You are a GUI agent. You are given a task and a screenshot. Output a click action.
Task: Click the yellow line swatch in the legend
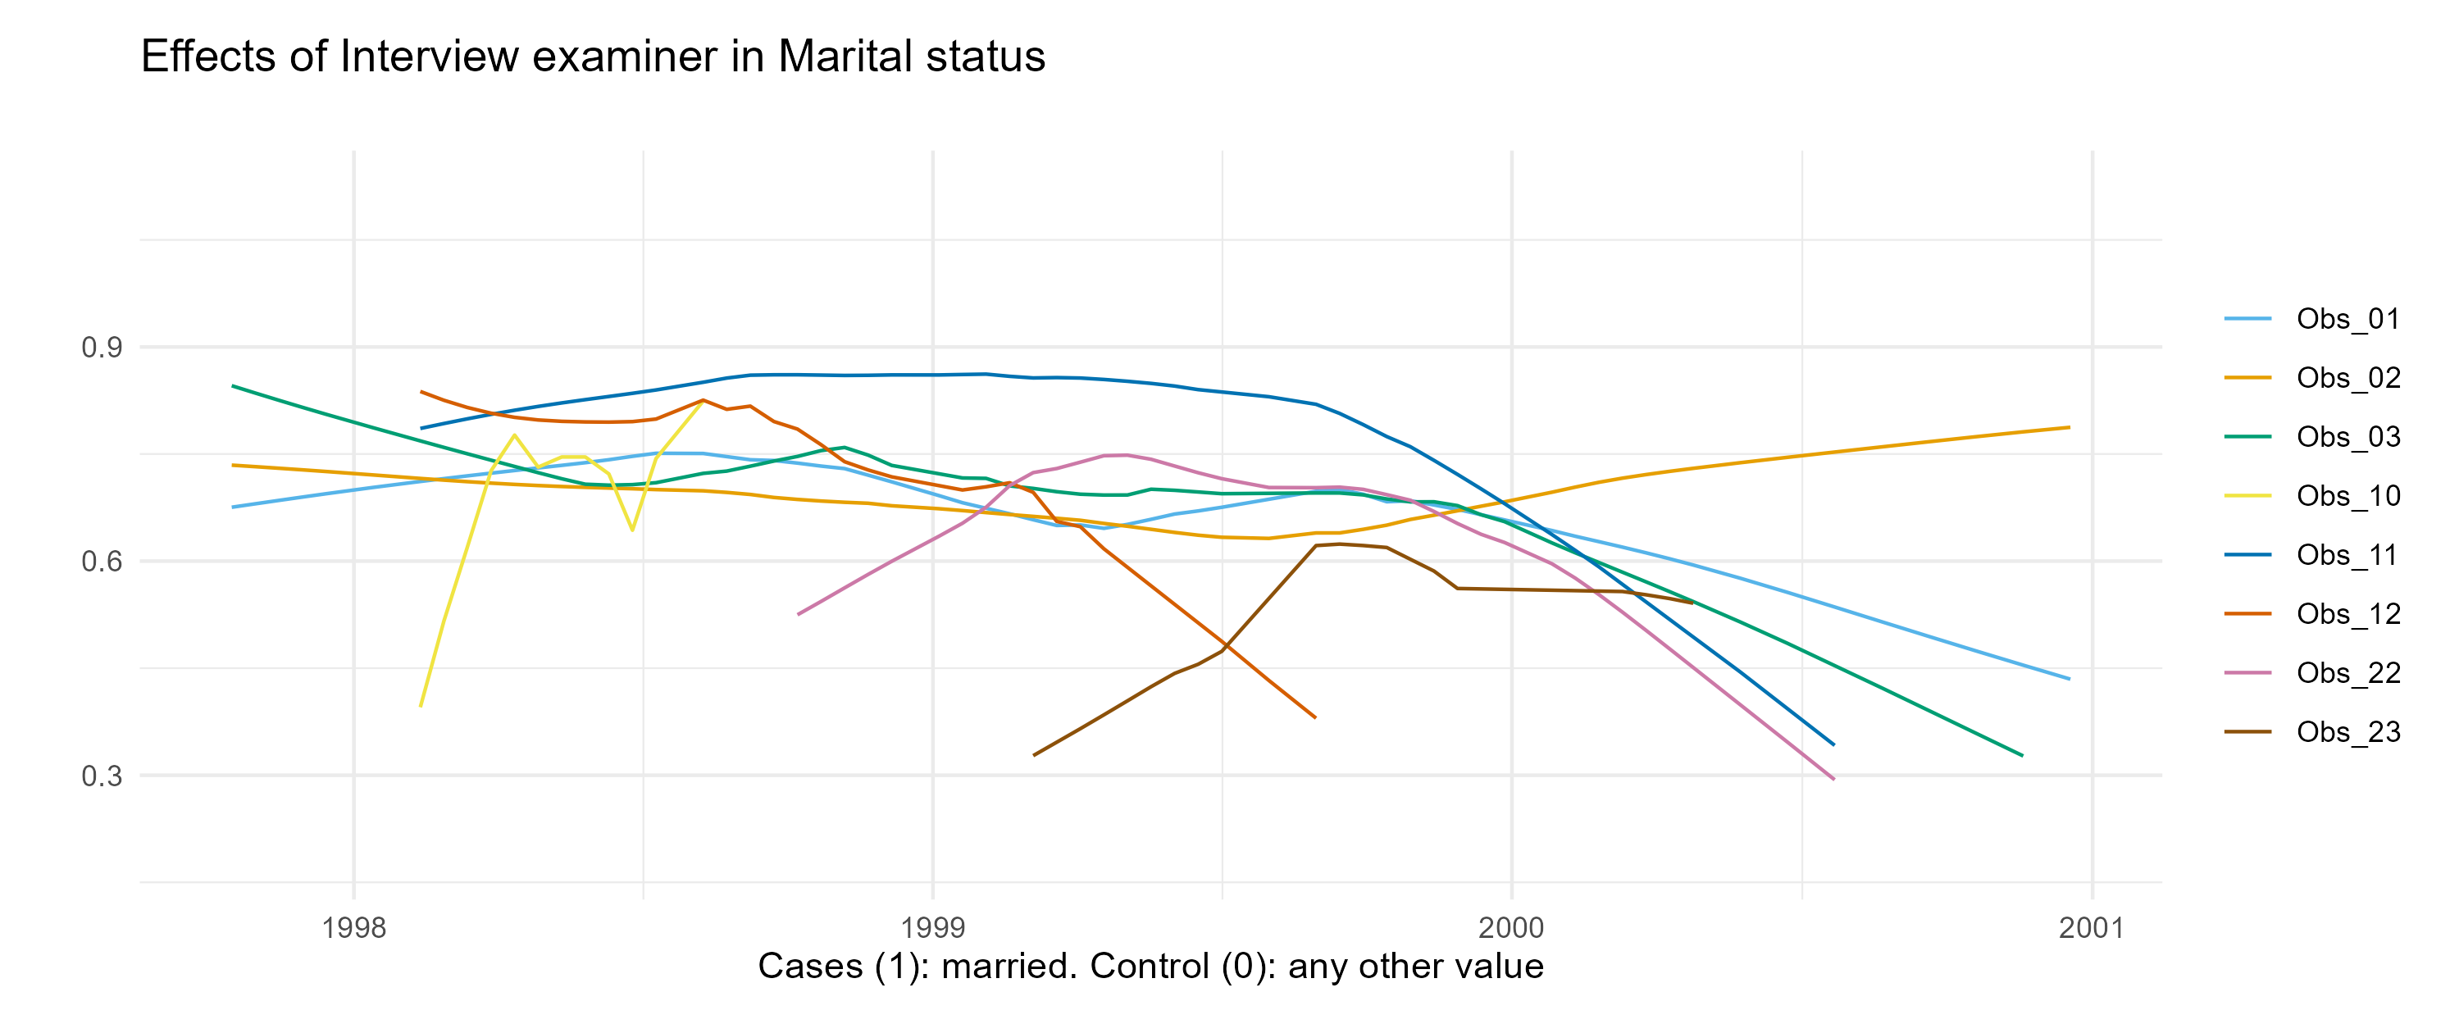[x=2247, y=496]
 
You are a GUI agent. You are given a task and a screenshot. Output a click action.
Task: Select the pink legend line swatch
[x=2247, y=673]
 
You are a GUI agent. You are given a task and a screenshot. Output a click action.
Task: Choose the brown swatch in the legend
[x=2247, y=732]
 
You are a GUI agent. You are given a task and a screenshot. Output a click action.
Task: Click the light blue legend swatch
[x=2247, y=319]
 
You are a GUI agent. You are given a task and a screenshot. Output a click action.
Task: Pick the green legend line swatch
[x=2247, y=437]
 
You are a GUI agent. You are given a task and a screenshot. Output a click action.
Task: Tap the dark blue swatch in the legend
[x=2247, y=554]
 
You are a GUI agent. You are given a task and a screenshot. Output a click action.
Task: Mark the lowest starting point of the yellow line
[x=420, y=706]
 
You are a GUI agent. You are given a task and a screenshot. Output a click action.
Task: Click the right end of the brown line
[x=1692, y=603]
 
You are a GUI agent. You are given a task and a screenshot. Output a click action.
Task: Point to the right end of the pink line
[x=1833, y=779]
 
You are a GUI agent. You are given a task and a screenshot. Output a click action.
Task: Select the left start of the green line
[x=233, y=385]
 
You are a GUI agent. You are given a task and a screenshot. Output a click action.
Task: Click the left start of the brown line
[x=1034, y=755]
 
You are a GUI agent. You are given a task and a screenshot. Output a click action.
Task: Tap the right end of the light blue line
[x=2070, y=679]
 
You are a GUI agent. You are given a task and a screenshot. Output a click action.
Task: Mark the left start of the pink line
[x=798, y=613]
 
